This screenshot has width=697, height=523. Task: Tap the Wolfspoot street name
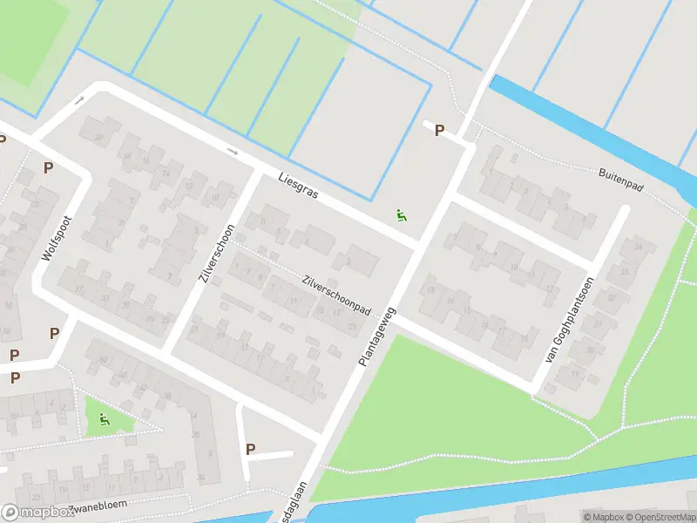58,238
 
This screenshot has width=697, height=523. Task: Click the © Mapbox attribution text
602,517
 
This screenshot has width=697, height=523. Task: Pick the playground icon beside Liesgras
402,215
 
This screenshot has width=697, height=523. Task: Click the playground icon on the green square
105,419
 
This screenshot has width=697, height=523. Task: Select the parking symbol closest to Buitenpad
439,131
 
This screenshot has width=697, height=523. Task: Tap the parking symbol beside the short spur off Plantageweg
251,450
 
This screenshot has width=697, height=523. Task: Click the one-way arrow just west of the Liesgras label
233,151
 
